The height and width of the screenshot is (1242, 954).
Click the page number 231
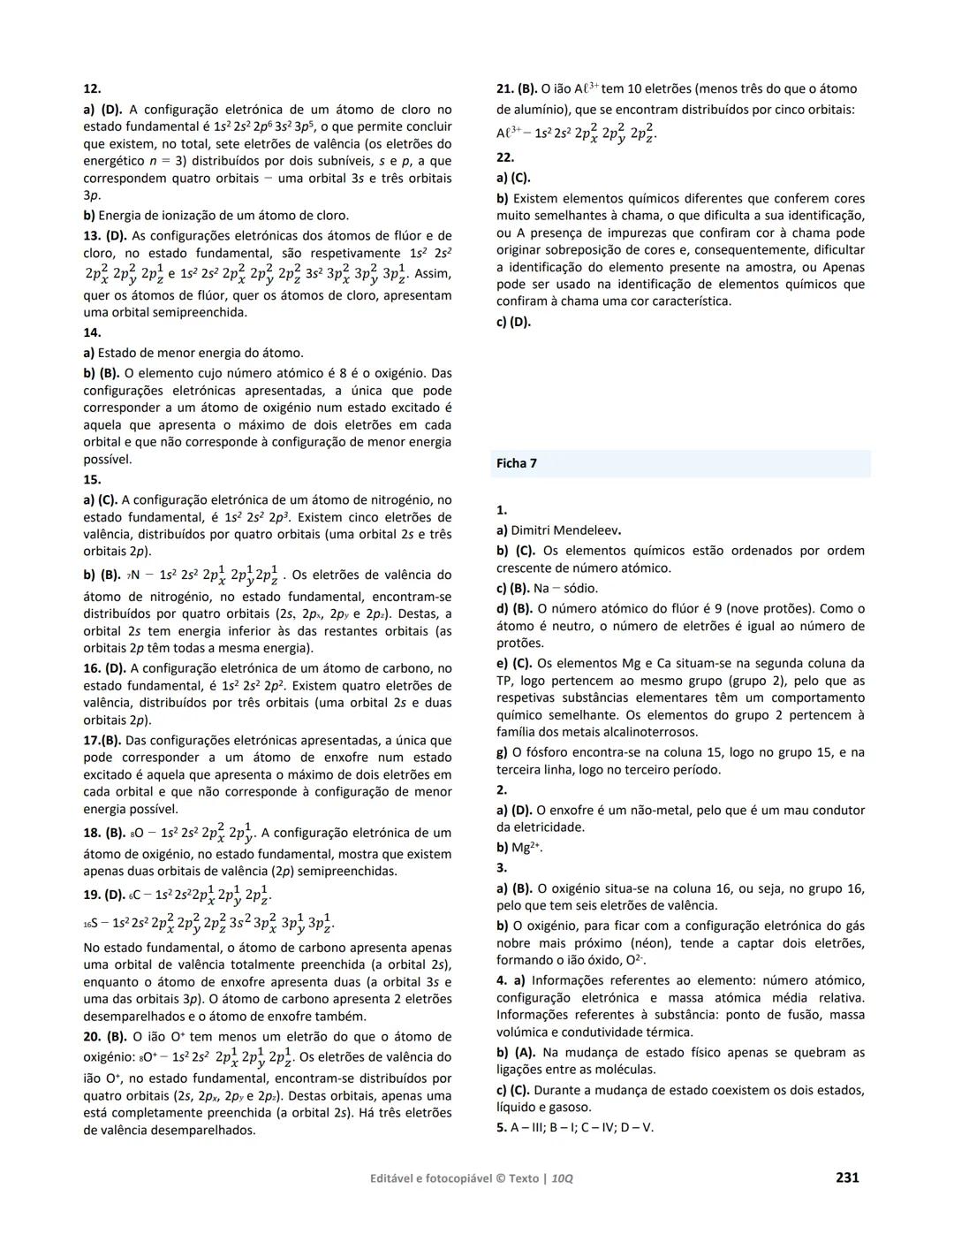(846, 1177)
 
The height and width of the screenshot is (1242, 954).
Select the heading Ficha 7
(517, 463)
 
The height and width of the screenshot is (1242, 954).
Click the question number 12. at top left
(92, 88)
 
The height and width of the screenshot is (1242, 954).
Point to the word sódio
(580, 588)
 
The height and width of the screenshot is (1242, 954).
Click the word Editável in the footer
(395, 1178)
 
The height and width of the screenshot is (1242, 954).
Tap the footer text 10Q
(562, 1178)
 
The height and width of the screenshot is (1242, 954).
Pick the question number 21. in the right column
(504, 88)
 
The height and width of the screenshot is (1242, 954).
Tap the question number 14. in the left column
(92, 332)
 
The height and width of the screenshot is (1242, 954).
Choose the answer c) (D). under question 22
(513, 322)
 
